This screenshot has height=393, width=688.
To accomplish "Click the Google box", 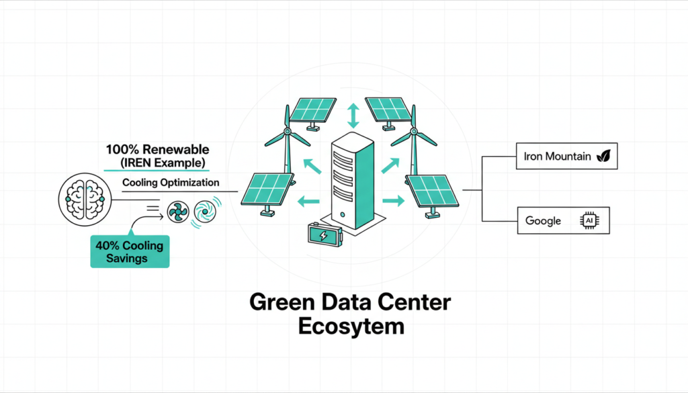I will coord(562,220).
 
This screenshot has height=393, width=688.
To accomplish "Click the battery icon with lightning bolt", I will coord(324,235).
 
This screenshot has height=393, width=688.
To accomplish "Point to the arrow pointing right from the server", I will coord(394,200).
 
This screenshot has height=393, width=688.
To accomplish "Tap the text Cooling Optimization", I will coord(171,183).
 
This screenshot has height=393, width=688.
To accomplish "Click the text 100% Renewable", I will coord(157,150).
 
